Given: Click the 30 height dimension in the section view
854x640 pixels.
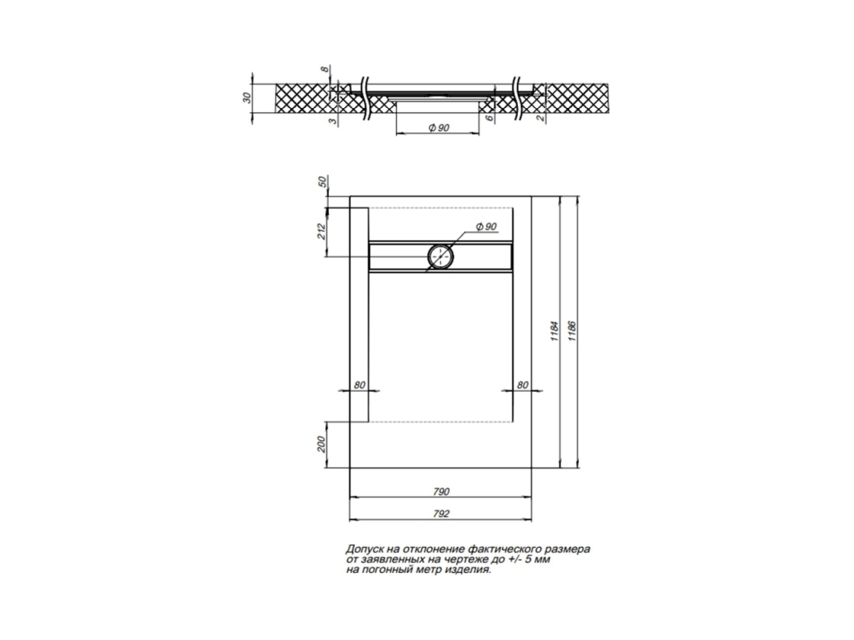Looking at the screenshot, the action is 247,98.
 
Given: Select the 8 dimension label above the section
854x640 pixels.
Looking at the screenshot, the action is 325,70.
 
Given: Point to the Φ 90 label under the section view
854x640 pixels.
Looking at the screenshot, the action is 439,128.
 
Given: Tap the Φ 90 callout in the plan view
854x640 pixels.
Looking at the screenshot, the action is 486,226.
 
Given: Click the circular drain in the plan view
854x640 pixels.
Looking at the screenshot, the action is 440,256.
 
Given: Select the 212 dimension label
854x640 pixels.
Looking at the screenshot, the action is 321,231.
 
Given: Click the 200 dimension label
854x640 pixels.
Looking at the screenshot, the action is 321,444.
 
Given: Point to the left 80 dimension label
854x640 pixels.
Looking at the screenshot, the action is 359,386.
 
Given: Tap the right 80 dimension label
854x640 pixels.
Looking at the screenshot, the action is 523,386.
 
